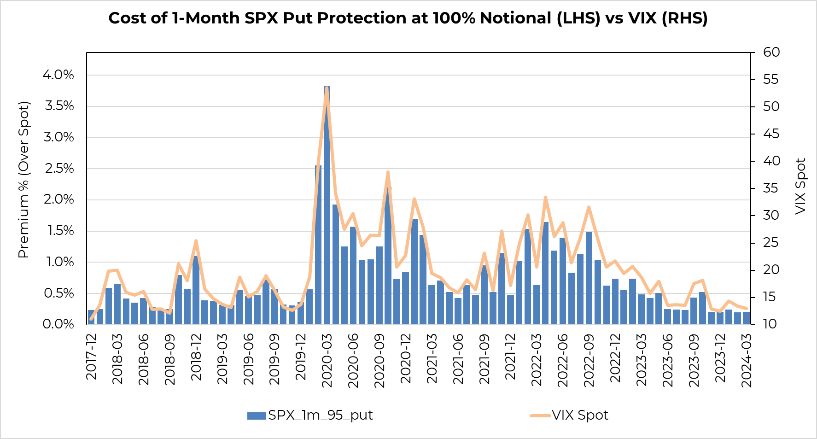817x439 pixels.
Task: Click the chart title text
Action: tap(408, 18)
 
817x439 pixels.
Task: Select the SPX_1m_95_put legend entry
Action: tap(309, 416)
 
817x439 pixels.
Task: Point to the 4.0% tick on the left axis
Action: tap(58, 75)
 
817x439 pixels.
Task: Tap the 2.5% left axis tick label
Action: tap(58, 169)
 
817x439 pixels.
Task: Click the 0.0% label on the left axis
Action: tap(58, 324)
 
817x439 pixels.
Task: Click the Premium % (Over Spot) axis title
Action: tap(23, 180)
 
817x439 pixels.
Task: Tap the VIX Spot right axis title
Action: tap(801, 186)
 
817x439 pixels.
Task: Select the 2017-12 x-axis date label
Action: tap(92, 357)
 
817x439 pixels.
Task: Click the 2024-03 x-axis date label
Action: tap(747, 360)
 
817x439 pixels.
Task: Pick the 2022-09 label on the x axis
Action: tap(589, 360)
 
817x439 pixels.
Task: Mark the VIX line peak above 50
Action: tap(327, 88)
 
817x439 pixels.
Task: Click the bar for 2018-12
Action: tap(196, 290)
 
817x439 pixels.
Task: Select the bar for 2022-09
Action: tap(589, 278)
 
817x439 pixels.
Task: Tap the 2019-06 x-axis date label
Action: tap(248, 360)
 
